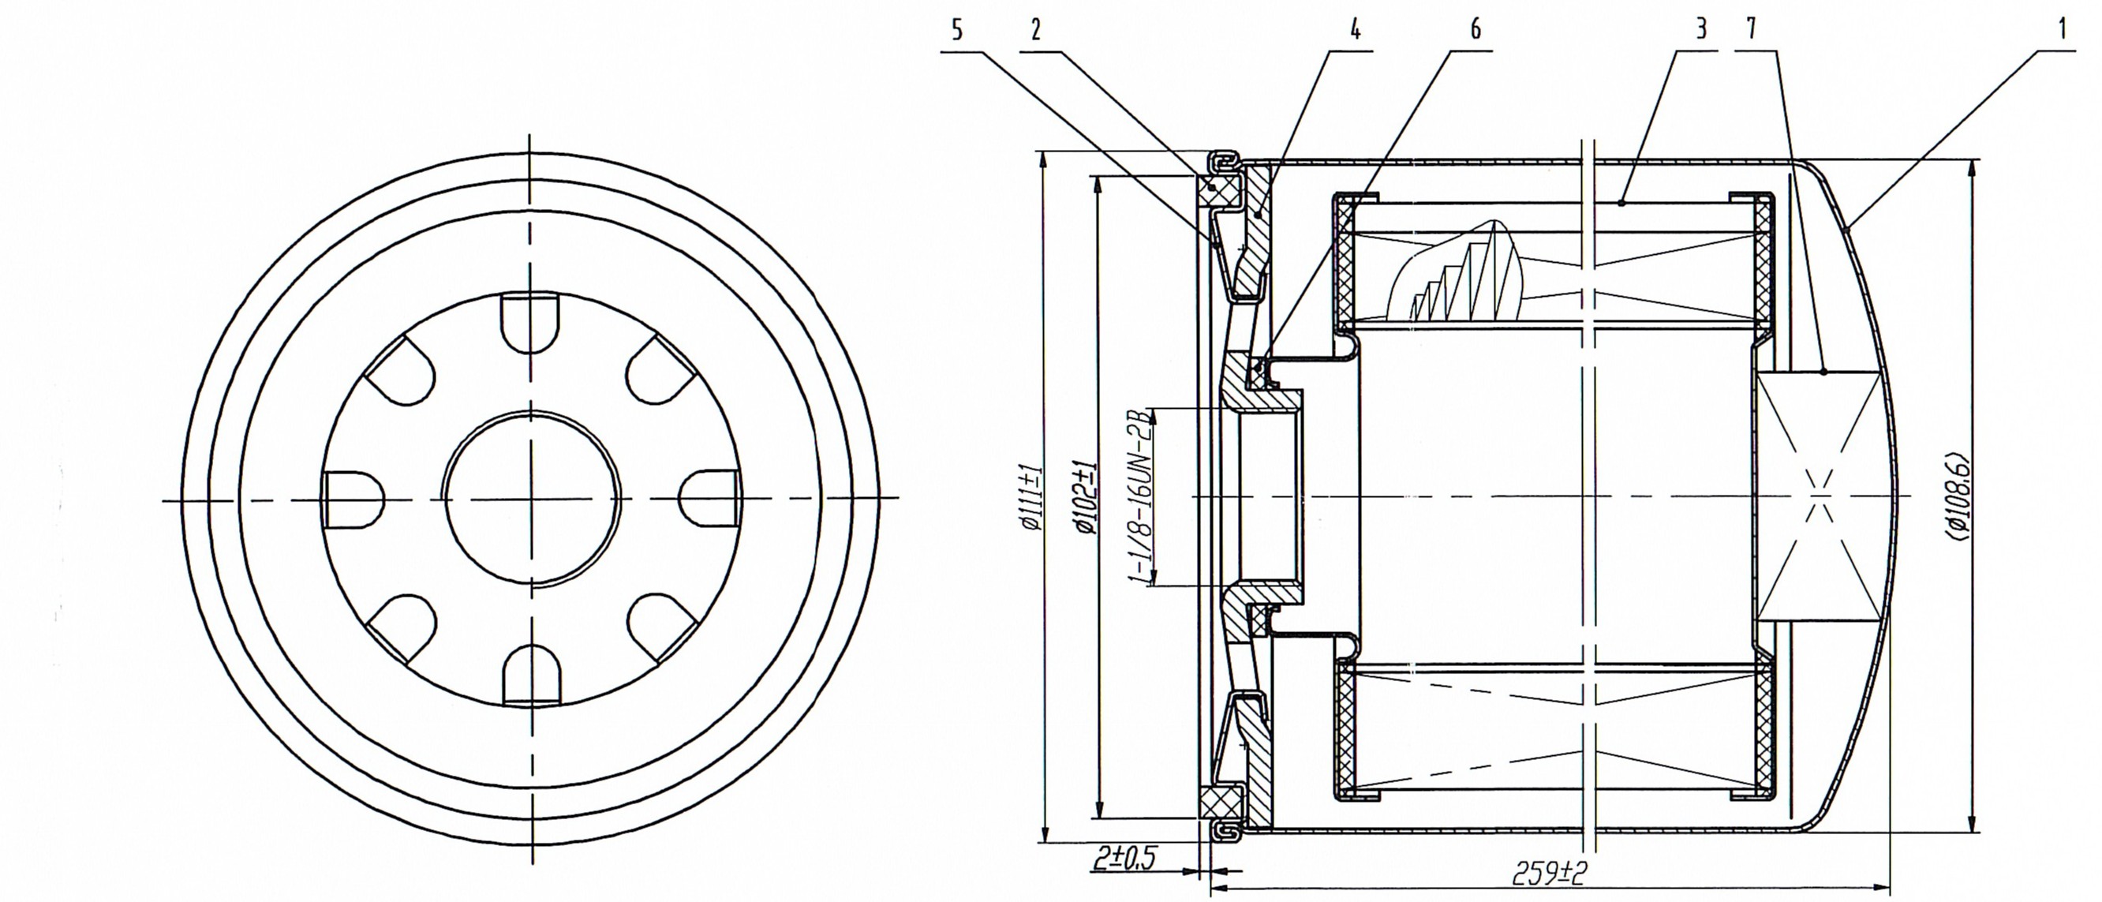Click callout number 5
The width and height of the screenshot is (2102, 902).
957,30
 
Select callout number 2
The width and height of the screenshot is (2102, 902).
1035,30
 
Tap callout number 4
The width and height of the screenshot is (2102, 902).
1355,30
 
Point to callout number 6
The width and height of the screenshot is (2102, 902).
1476,30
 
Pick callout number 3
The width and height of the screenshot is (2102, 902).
1700,30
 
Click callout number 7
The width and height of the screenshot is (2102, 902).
1751,30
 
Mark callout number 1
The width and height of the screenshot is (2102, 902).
2061,30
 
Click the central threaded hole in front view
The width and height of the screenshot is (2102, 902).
531,498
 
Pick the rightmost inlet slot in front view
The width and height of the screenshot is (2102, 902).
709,499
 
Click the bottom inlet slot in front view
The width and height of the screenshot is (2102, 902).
532,673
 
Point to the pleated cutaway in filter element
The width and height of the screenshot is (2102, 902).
1461,274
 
